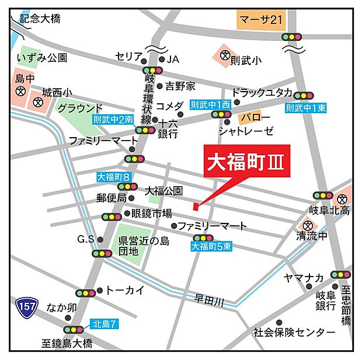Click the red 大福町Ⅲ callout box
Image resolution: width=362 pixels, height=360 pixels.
click(246, 162)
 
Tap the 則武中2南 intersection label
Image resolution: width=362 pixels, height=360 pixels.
click(113, 119)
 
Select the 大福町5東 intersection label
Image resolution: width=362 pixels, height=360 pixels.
click(211, 247)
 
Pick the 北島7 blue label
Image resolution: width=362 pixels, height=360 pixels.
click(105, 323)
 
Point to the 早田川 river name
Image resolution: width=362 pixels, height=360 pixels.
click(210, 300)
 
